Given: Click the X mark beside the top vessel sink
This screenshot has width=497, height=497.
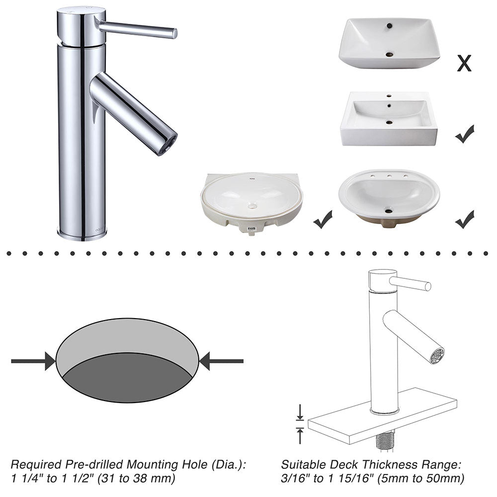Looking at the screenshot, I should point(464,63).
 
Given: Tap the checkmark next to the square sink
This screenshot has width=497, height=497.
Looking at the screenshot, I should point(465,134).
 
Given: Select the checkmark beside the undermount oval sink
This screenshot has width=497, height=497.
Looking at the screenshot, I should point(323,219).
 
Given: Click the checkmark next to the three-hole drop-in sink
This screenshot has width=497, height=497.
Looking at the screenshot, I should point(465,219).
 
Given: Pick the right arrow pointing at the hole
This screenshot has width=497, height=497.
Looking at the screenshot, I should point(221,361).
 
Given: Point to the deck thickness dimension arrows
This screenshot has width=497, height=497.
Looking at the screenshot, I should point(299,424).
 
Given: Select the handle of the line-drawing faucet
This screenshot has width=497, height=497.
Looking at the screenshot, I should point(410,284).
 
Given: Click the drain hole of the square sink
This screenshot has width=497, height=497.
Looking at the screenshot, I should point(389,122).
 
